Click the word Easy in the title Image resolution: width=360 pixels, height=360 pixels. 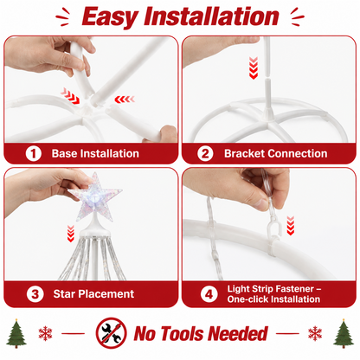click(x=109, y=17)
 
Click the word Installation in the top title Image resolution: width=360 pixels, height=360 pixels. click(x=211, y=16)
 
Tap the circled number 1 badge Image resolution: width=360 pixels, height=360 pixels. click(x=34, y=154)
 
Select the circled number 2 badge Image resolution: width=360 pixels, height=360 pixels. click(x=205, y=154)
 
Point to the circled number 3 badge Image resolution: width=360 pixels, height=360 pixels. click(x=35, y=294)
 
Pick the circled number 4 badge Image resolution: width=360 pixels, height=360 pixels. click(x=209, y=294)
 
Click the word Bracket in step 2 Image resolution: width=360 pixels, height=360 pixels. click(x=243, y=153)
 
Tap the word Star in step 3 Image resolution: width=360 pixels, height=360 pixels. click(x=64, y=294)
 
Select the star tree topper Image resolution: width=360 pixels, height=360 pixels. click(x=95, y=196)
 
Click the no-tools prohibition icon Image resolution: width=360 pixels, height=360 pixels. click(x=112, y=333)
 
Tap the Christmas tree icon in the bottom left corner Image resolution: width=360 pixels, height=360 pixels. click(x=16, y=333)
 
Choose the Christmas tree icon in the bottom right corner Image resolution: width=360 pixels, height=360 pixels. click(x=344, y=333)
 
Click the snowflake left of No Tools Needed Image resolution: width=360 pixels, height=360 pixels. click(x=46, y=333)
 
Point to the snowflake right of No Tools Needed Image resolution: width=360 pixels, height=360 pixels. click(x=315, y=333)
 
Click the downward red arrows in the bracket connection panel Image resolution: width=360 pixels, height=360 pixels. click(x=254, y=68)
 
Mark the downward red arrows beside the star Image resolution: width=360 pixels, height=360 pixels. click(x=71, y=234)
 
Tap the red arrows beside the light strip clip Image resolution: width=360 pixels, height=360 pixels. click(x=291, y=226)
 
